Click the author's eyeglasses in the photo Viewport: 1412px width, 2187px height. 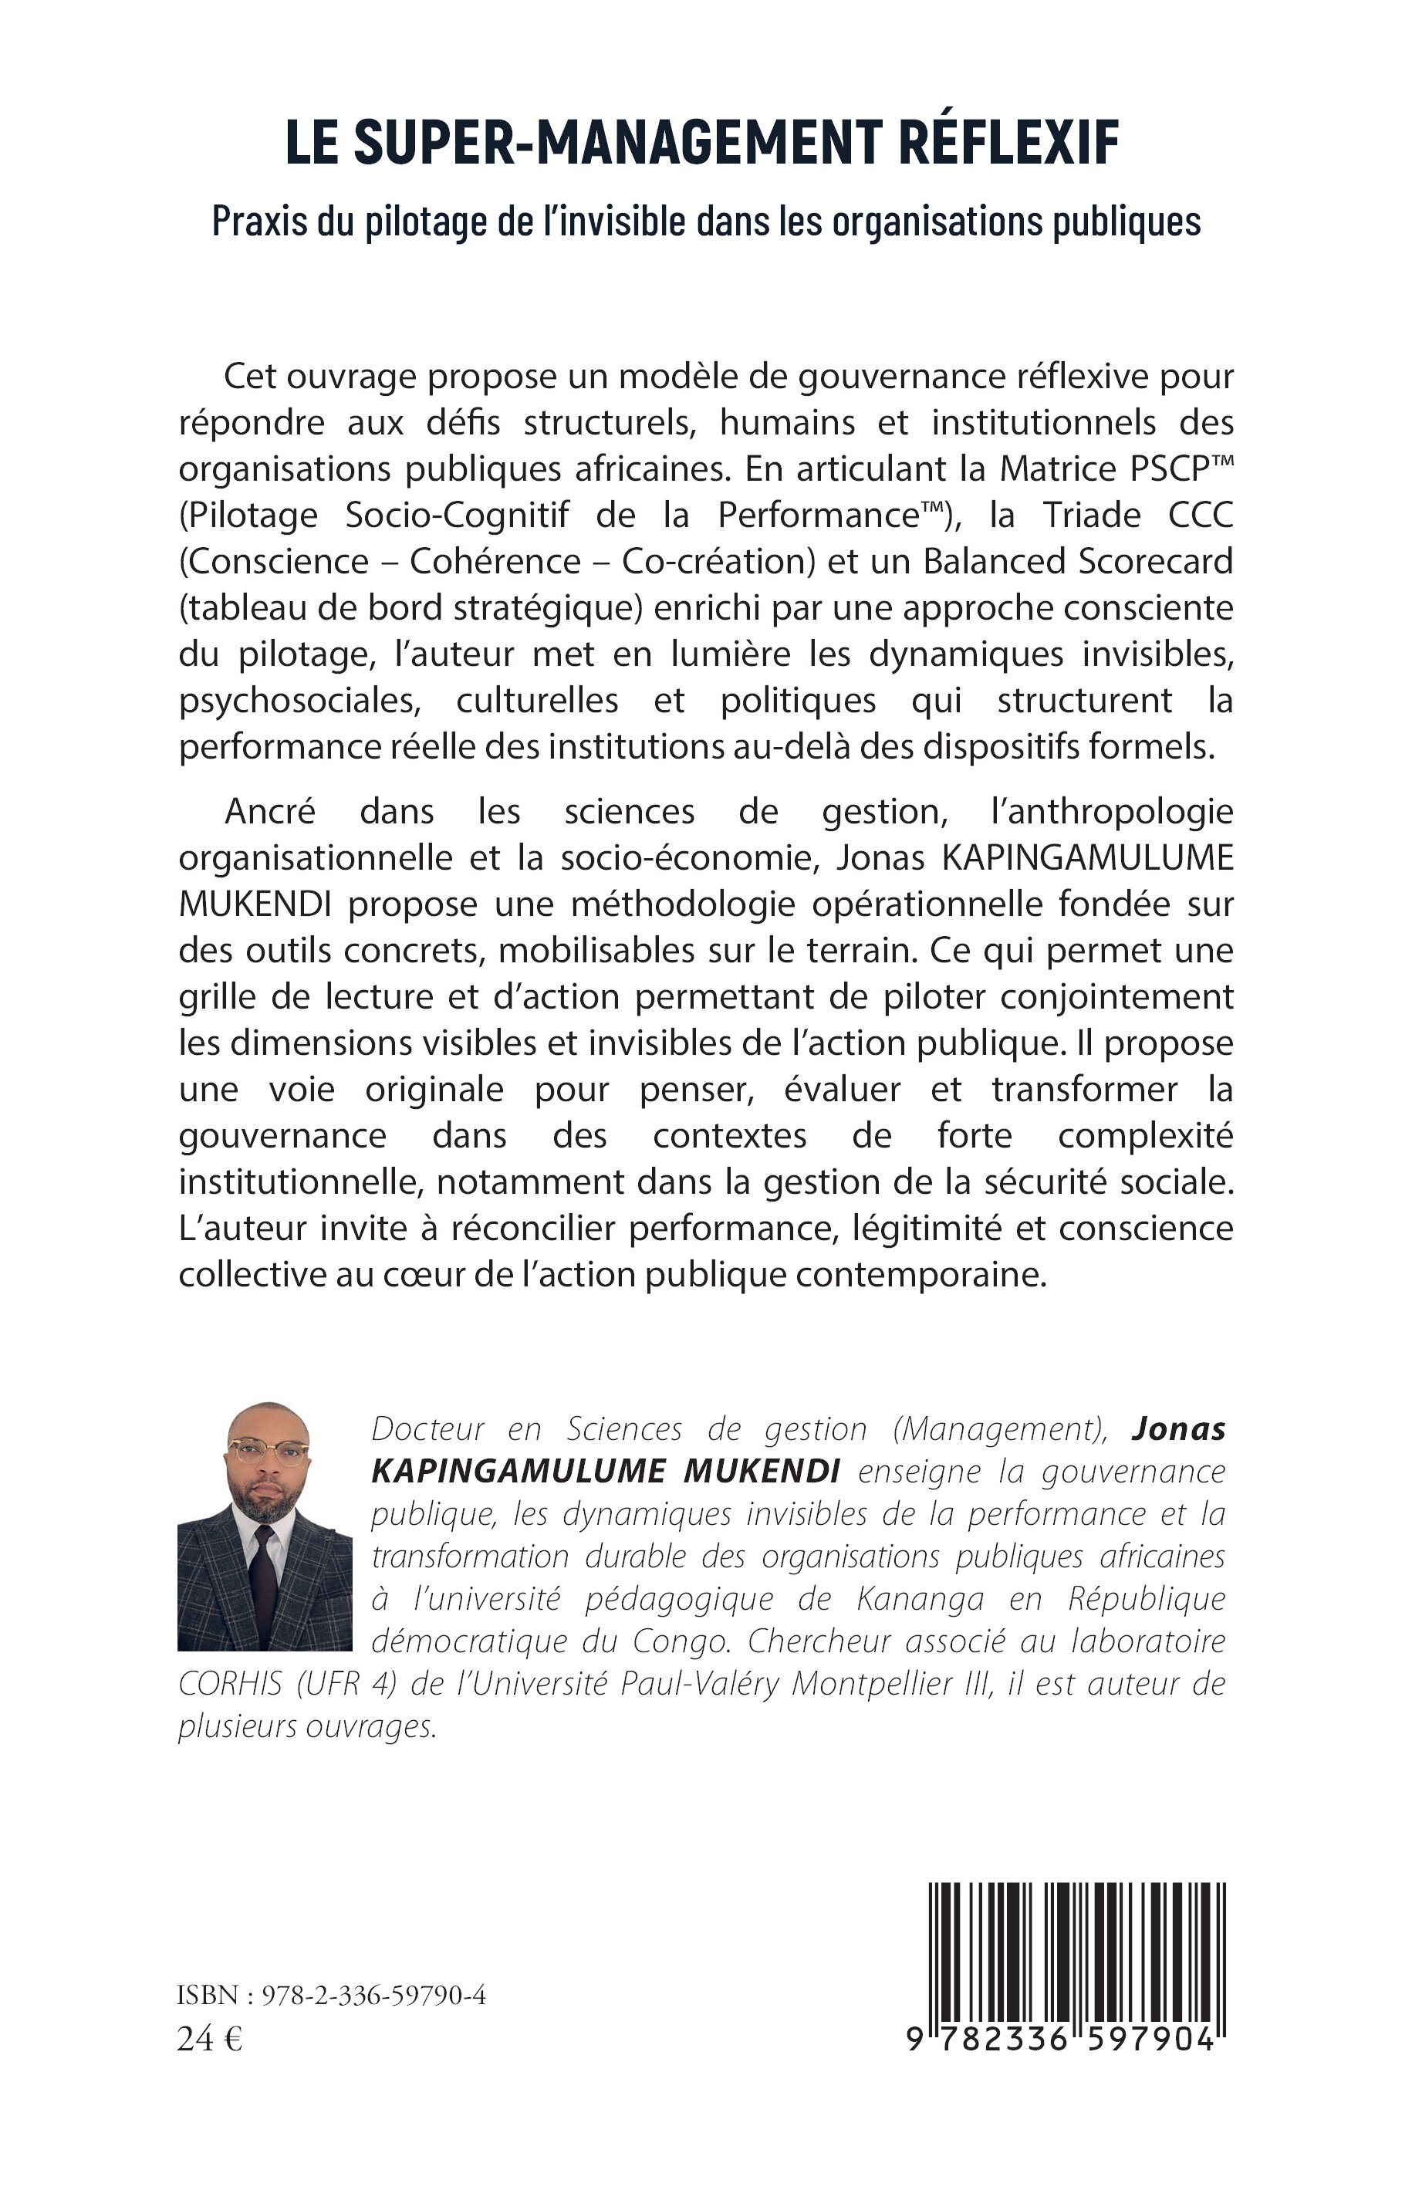(268, 1452)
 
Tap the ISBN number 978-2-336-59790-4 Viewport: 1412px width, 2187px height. (373, 1996)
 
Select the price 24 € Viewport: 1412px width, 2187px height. (209, 2039)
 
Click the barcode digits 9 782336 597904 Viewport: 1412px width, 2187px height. (1061, 2040)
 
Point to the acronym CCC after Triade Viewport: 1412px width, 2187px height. (1201, 515)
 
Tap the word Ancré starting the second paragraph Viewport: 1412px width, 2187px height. (269, 812)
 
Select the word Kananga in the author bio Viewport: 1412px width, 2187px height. (921, 1598)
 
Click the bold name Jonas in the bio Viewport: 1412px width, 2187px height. (1179, 1428)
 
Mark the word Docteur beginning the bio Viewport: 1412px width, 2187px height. (428, 1428)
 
